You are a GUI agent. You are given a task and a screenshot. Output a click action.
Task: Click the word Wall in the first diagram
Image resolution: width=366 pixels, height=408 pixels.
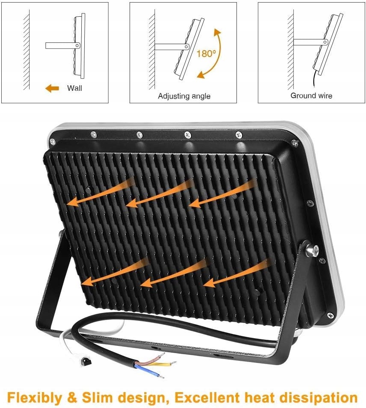[74, 88]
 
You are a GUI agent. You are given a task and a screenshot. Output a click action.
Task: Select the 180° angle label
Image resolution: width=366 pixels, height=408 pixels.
[206, 54]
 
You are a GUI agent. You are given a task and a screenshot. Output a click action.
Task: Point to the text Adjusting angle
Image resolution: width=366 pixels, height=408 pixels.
[184, 96]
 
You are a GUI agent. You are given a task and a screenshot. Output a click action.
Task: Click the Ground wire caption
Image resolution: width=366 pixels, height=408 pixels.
[311, 96]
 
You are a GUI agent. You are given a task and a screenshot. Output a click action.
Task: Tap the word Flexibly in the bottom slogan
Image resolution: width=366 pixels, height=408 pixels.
[35, 397]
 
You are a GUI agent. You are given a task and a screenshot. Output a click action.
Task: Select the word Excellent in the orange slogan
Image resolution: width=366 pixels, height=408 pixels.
[207, 397]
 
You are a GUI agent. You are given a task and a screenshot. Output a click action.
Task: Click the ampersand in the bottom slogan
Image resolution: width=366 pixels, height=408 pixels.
[72, 397]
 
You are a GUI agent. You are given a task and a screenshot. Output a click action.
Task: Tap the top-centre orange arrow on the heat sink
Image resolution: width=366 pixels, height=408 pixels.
[159, 194]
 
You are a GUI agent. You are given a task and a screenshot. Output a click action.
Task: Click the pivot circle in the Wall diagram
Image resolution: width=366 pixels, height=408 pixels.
[77, 46]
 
